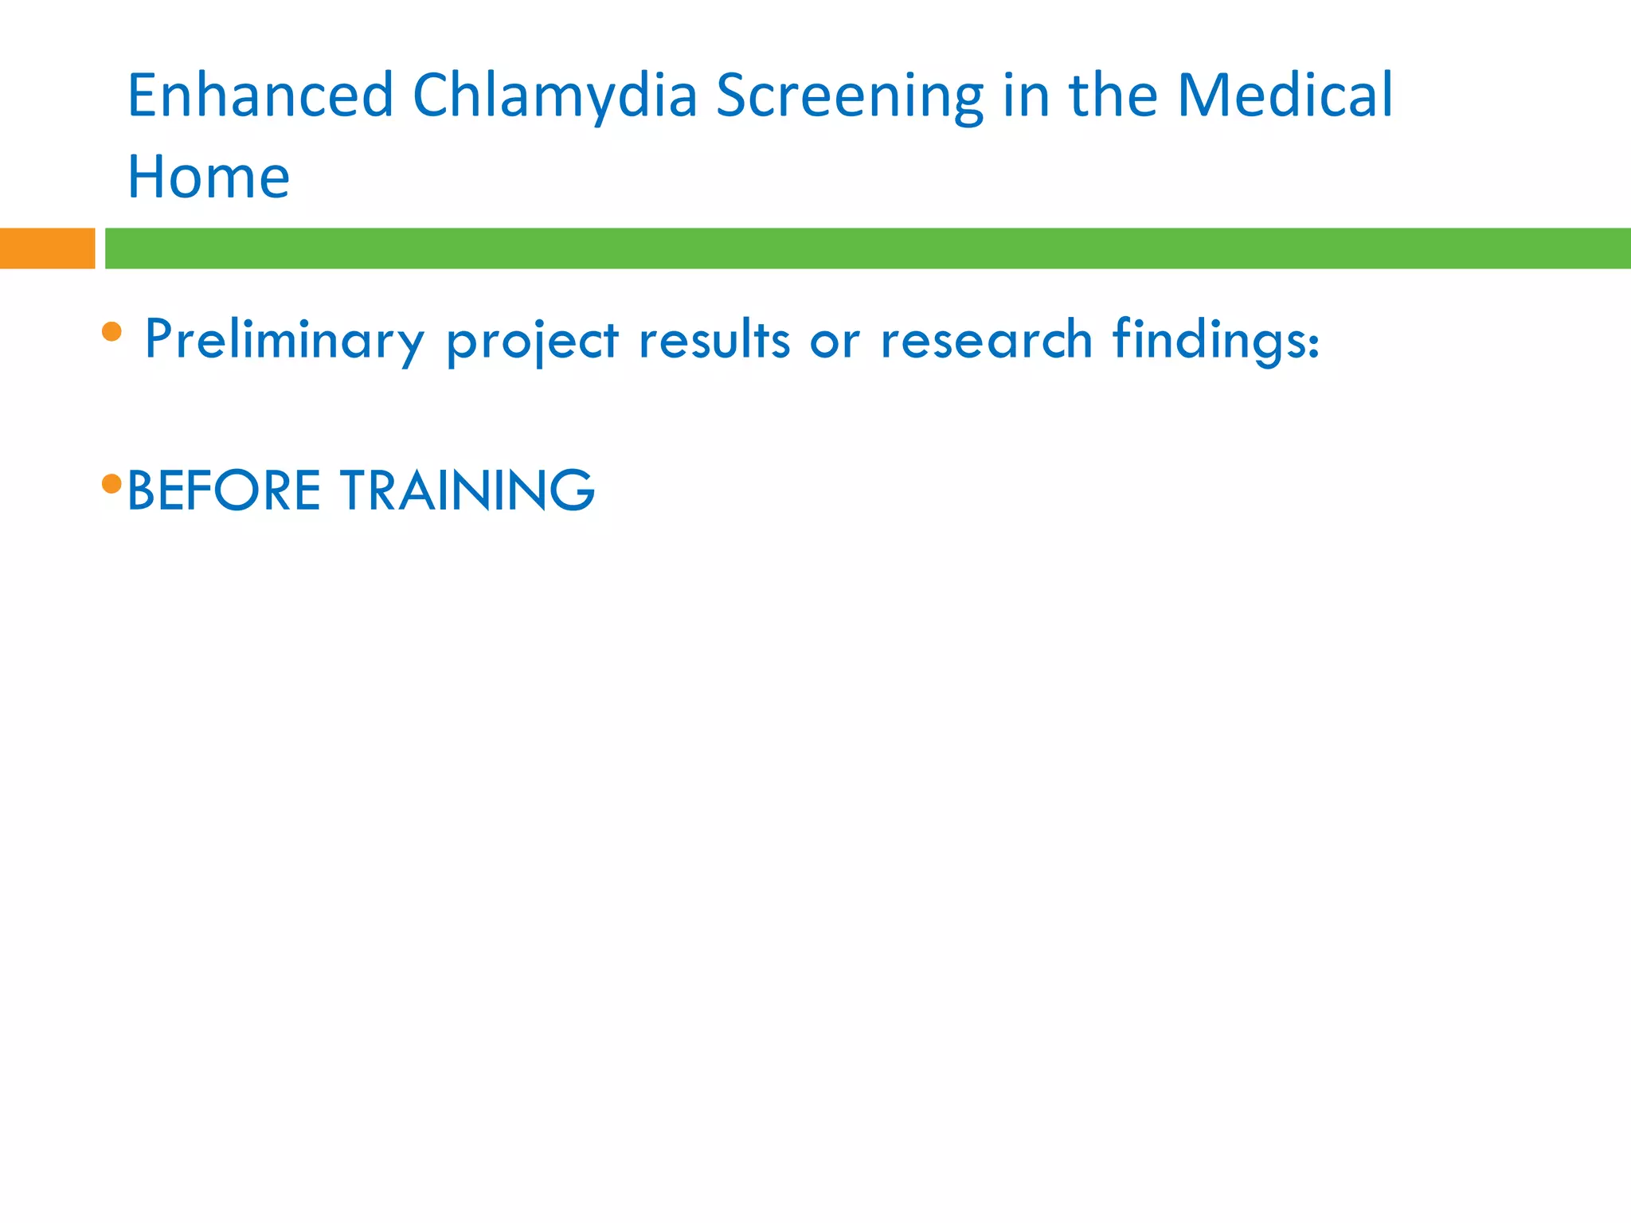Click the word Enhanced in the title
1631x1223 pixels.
click(260, 96)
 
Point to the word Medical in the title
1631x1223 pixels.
click(1285, 96)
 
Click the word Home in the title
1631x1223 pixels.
click(209, 177)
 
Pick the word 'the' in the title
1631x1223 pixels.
click(1113, 96)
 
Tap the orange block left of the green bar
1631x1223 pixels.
click(47, 248)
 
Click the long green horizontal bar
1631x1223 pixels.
click(867, 248)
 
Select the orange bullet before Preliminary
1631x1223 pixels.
click(112, 331)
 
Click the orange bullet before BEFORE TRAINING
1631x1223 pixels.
click(112, 483)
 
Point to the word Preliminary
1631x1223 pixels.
click(284, 340)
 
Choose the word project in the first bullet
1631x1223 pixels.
click(532, 342)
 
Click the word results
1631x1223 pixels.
click(714, 340)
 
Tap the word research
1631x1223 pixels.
click(986, 340)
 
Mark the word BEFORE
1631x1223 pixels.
click(224, 490)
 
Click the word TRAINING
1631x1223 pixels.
click(467, 490)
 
